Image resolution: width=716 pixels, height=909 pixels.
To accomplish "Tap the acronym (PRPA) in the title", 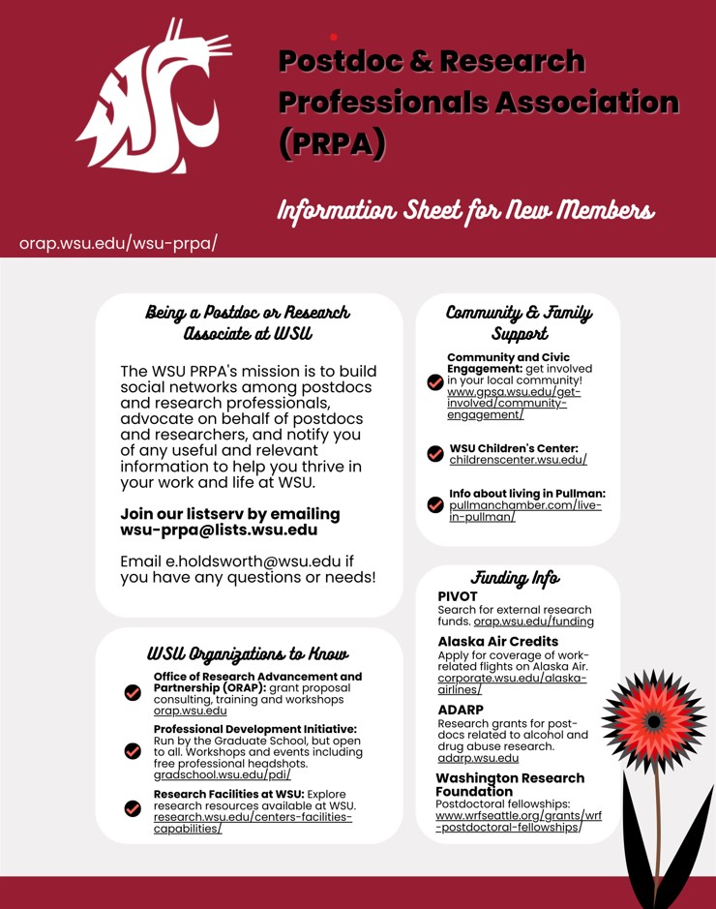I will click(x=332, y=142).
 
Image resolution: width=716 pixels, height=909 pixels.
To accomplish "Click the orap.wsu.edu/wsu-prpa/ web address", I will click(x=118, y=243).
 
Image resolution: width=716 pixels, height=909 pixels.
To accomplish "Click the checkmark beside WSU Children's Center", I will click(x=435, y=453).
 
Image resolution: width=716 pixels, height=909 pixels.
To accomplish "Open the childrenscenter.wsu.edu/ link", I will click(x=518, y=460).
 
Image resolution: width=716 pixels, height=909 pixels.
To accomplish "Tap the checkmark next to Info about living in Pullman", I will click(x=435, y=504).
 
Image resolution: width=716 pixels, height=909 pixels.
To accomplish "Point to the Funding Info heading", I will click(x=515, y=578).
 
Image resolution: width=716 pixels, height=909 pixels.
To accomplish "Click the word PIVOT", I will click(x=458, y=596).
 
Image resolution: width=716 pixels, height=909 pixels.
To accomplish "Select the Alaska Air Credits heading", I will click(x=497, y=641).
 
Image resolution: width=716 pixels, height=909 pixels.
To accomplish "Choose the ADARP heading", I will click(x=461, y=710).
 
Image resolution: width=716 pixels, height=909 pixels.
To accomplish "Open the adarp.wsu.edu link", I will click(x=478, y=758).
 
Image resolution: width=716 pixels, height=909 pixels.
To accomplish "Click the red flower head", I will click(x=654, y=721).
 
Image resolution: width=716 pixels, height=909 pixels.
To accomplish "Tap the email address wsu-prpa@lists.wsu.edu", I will click(x=219, y=530).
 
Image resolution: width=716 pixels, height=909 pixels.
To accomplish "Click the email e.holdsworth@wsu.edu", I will click(x=254, y=561).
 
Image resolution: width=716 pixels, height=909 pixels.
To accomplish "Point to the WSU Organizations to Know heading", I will click(x=248, y=653).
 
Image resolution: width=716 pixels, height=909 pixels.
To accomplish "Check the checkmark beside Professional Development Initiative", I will click(x=134, y=750).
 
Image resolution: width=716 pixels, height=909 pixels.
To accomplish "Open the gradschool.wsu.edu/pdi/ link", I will click(x=222, y=774).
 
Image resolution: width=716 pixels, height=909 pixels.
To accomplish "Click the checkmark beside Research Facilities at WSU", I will click(x=134, y=808).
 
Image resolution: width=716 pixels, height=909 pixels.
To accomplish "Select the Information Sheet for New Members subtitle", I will click(x=465, y=210).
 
